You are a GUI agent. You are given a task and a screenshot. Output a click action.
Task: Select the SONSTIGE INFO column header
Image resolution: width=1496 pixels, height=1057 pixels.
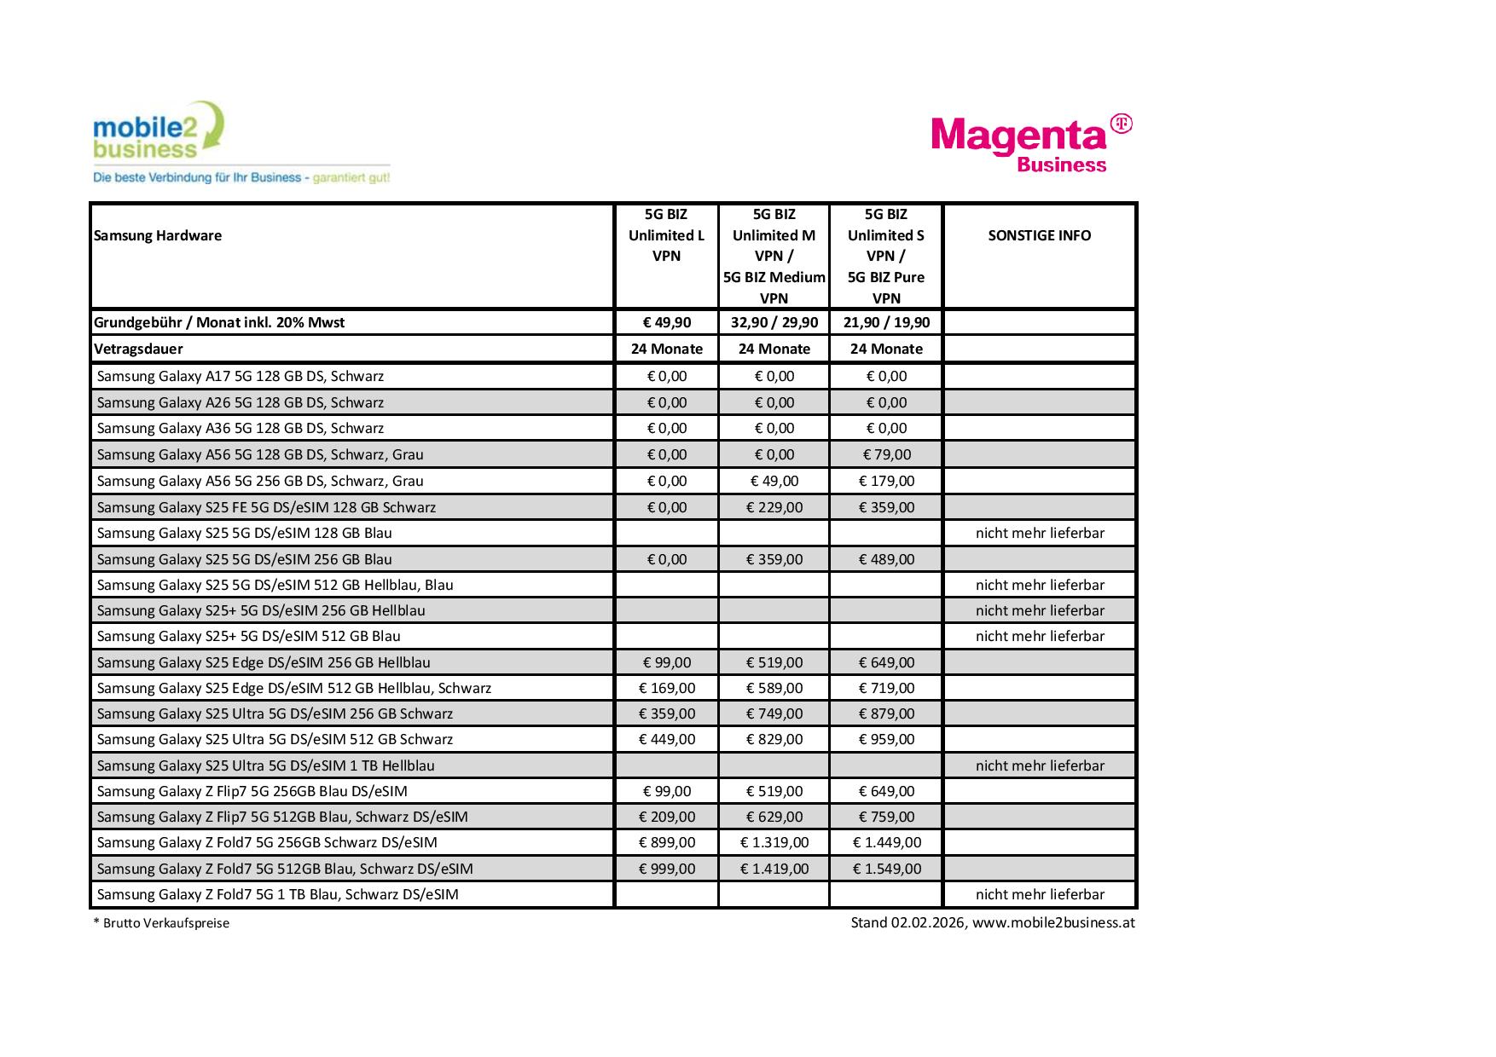pos(1039,235)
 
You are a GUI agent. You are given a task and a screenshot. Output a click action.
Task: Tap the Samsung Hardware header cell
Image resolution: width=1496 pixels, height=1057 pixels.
pos(158,235)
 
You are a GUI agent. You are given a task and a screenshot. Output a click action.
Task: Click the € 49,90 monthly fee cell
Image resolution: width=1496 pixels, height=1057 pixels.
pos(667,322)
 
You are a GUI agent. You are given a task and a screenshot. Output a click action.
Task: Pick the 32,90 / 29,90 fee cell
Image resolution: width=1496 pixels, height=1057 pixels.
pos(774,322)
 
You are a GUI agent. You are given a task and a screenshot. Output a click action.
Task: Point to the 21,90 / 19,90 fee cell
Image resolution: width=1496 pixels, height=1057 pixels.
pos(886,322)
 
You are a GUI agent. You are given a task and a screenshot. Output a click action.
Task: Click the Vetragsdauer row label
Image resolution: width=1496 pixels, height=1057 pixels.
pos(138,349)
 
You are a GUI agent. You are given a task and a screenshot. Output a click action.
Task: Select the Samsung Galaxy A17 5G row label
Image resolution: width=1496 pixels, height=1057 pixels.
pos(241,376)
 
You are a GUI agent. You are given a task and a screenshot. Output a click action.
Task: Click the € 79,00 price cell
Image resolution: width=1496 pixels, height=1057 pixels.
pos(886,454)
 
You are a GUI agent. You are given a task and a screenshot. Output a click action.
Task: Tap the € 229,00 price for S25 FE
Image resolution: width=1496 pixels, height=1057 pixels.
pos(774,507)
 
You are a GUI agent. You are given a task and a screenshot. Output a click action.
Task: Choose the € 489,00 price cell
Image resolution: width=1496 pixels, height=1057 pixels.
pos(886,559)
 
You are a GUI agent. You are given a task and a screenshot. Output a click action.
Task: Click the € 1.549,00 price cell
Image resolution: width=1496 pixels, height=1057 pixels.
pos(886,869)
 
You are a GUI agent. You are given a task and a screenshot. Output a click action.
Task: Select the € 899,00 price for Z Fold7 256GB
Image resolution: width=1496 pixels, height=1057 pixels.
pos(667,842)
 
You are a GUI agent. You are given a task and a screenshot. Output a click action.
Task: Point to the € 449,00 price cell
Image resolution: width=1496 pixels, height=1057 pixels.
pos(667,739)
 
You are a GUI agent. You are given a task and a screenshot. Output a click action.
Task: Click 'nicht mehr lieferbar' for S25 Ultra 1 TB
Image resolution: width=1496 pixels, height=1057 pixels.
pos(1040,765)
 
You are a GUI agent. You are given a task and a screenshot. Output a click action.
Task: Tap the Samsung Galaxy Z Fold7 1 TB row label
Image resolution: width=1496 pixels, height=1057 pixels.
pos(278,894)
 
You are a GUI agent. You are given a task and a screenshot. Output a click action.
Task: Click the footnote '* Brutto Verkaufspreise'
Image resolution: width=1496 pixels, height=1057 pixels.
pos(161,923)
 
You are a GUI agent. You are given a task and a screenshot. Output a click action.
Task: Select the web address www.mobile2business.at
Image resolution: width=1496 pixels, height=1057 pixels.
pos(1053,922)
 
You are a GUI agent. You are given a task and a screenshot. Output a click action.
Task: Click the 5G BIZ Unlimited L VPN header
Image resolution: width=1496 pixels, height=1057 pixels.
pos(666,235)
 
